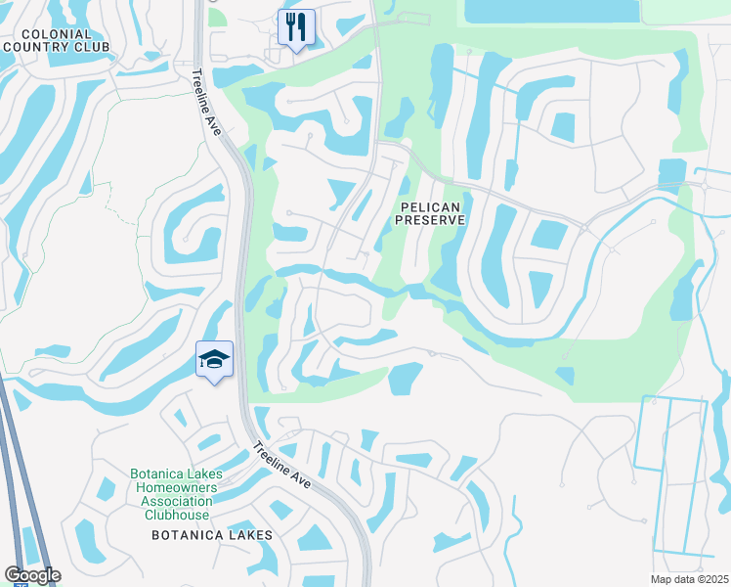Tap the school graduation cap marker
click(214, 359)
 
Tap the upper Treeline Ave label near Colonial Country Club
click(207, 107)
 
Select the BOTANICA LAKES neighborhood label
click(211, 535)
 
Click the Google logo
click(32, 574)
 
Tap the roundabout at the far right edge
click(704, 185)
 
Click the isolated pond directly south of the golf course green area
click(405, 379)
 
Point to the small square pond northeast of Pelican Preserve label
click(562, 127)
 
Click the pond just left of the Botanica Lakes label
click(88, 536)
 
